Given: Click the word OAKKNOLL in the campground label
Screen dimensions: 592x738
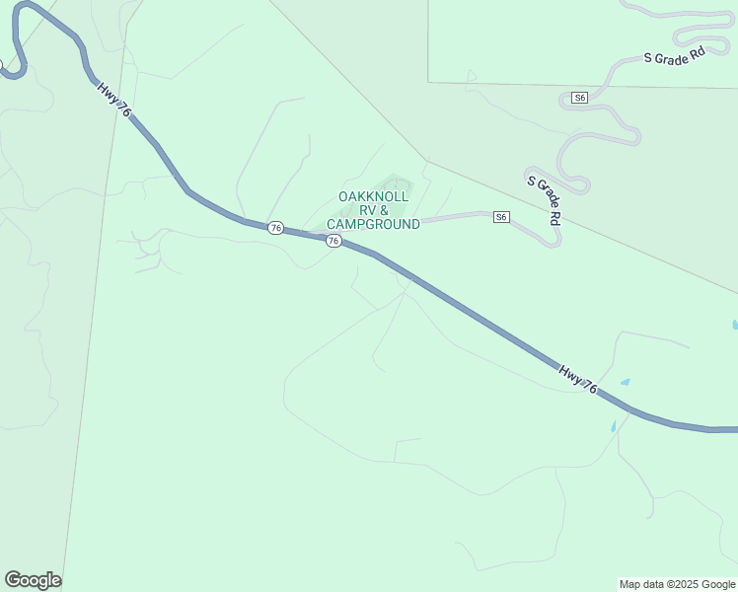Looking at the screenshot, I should click(x=373, y=196).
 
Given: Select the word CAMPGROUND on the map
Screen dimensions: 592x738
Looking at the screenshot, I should click(x=373, y=224).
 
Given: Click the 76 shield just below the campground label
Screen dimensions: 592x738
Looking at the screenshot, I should click(x=333, y=241).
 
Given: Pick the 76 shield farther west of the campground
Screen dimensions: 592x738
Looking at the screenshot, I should click(x=275, y=228).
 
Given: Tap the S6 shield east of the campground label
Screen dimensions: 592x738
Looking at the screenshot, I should click(x=501, y=217).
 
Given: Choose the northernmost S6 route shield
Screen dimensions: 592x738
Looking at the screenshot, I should click(x=579, y=98).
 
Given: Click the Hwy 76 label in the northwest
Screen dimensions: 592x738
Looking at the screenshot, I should click(x=114, y=101).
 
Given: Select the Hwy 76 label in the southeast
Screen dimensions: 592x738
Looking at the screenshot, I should click(x=577, y=380).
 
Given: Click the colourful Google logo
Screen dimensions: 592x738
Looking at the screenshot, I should click(x=33, y=580).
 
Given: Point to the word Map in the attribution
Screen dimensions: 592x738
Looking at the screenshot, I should click(x=631, y=584).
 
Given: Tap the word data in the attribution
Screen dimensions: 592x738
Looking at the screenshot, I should click(x=655, y=584).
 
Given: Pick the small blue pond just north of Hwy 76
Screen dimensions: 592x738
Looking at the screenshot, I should click(x=625, y=382).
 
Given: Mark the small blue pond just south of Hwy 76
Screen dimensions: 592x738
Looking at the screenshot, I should click(x=613, y=427).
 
